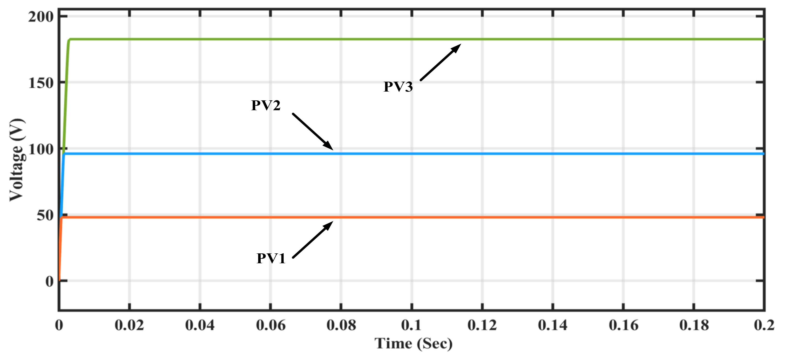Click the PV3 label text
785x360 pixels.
[x=398, y=87]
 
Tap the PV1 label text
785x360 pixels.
[x=271, y=259]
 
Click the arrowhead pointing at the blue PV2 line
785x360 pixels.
[x=329, y=146]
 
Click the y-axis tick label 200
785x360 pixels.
[x=41, y=17]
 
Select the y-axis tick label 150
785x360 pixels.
[x=41, y=83]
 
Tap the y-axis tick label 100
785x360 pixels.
[x=41, y=149]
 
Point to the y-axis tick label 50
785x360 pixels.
[x=45, y=216]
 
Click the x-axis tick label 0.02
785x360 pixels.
[x=129, y=325]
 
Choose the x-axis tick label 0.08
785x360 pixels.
[x=341, y=325]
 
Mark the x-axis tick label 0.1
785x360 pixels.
[x=411, y=325]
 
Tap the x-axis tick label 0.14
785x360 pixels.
[x=552, y=325]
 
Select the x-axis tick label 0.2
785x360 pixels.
[x=764, y=325]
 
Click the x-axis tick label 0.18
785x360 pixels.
[x=694, y=325]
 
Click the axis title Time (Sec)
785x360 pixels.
[x=414, y=344]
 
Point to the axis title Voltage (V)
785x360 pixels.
[x=17, y=160]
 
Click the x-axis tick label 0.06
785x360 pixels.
[x=270, y=325]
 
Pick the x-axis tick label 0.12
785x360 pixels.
[x=482, y=325]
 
